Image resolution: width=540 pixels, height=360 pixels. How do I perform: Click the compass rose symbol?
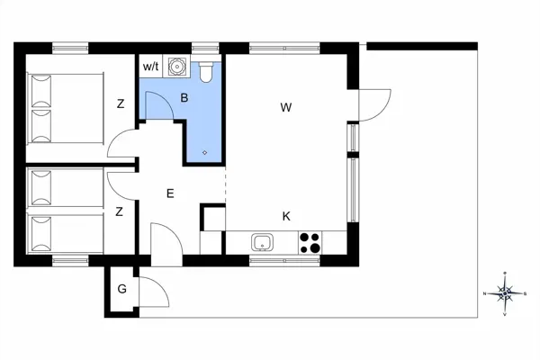click(x=506, y=292)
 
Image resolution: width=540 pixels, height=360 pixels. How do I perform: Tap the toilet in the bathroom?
click(x=207, y=69)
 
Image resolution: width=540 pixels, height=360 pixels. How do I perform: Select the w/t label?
click(x=149, y=67)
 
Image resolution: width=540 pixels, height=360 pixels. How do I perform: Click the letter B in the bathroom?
click(x=184, y=97)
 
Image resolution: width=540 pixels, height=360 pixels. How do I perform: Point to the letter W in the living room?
click(x=286, y=108)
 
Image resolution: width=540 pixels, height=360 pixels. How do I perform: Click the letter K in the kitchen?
click(x=286, y=216)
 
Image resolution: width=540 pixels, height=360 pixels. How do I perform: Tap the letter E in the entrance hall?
click(x=169, y=193)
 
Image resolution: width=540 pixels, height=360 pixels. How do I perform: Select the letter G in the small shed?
click(x=121, y=289)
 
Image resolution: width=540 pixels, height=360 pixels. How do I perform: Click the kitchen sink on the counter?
click(x=263, y=242)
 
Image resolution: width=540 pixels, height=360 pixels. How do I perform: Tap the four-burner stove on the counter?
click(x=310, y=242)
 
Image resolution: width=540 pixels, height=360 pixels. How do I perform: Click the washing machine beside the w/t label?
click(x=176, y=66)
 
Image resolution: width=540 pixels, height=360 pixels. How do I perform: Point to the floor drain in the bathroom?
click(x=205, y=152)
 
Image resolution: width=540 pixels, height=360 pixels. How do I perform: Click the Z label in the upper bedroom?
click(x=120, y=104)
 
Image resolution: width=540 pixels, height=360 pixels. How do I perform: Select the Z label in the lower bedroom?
click(x=120, y=211)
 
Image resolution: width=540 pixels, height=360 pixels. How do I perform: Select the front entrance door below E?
click(x=166, y=245)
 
